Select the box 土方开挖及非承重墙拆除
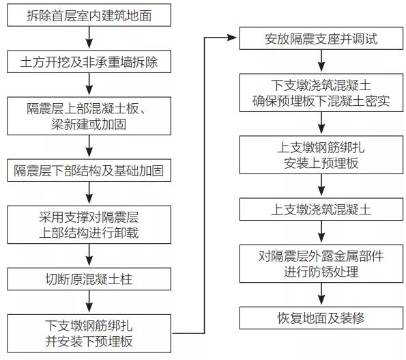(89, 63)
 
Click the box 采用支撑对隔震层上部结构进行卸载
(89, 225)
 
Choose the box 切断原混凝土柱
(89, 279)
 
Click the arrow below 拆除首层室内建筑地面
(89, 38)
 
